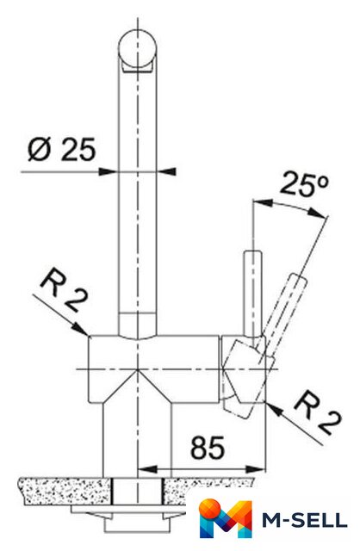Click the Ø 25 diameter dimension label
pos(61,149)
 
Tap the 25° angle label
pos(305,183)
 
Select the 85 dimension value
pos(207,448)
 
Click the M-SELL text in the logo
pos(305,520)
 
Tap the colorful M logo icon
pos(226,518)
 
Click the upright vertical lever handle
pos(252,293)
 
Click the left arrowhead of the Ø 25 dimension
pos(108,171)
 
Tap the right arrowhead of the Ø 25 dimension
pos(166,171)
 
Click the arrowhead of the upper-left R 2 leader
pos(80,329)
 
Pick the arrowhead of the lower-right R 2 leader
pos(275,410)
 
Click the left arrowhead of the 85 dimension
pos(147,469)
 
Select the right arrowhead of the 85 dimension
pos(256,469)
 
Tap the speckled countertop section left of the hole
pos(65,492)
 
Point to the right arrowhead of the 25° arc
pos(318,213)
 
